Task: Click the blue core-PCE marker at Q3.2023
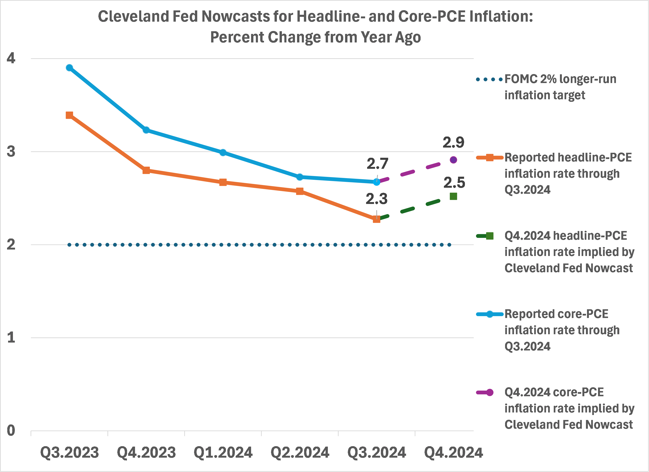69,68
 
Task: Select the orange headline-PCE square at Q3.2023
69,115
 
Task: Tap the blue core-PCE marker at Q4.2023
146,130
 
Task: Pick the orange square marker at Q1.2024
223,182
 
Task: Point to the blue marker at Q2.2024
300,177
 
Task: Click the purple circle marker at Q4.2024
453,160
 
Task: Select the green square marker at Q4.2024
453,196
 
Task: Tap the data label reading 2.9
453,142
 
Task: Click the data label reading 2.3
376,199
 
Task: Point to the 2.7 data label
377,164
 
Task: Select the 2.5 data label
454,183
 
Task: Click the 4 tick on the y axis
11,58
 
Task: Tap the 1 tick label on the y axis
11,338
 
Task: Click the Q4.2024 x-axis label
453,452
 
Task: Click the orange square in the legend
490,157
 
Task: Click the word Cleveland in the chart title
134,16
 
